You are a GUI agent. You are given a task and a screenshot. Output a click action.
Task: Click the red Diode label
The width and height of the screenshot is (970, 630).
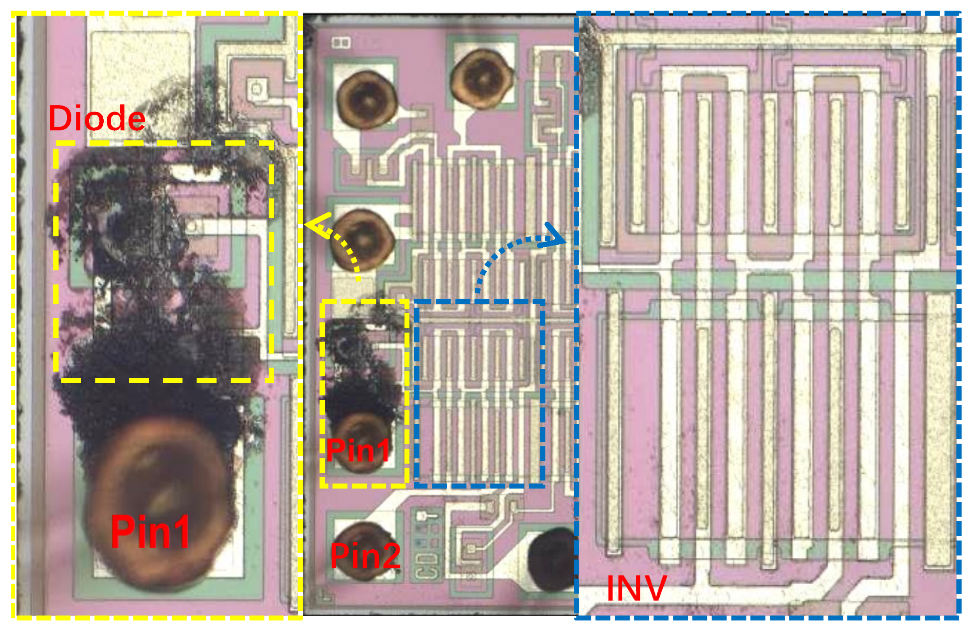[x=97, y=118]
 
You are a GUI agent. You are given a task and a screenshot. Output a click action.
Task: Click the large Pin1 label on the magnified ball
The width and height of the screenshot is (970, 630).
[x=150, y=531]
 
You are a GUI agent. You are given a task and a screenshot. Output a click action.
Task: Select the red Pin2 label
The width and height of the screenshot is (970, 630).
[x=365, y=556]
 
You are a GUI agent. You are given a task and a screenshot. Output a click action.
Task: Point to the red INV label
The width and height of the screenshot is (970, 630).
[x=636, y=588]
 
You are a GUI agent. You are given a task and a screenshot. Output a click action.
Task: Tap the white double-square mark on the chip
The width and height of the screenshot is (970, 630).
[x=341, y=42]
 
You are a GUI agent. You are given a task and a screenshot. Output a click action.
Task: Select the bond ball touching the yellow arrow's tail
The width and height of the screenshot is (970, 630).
[x=363, y=240]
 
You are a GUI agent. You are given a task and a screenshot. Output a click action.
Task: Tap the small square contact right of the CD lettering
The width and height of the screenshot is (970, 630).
[x=471, y=549]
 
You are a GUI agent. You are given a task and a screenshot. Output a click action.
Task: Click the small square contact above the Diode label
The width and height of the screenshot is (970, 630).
[x=257, y=89]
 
